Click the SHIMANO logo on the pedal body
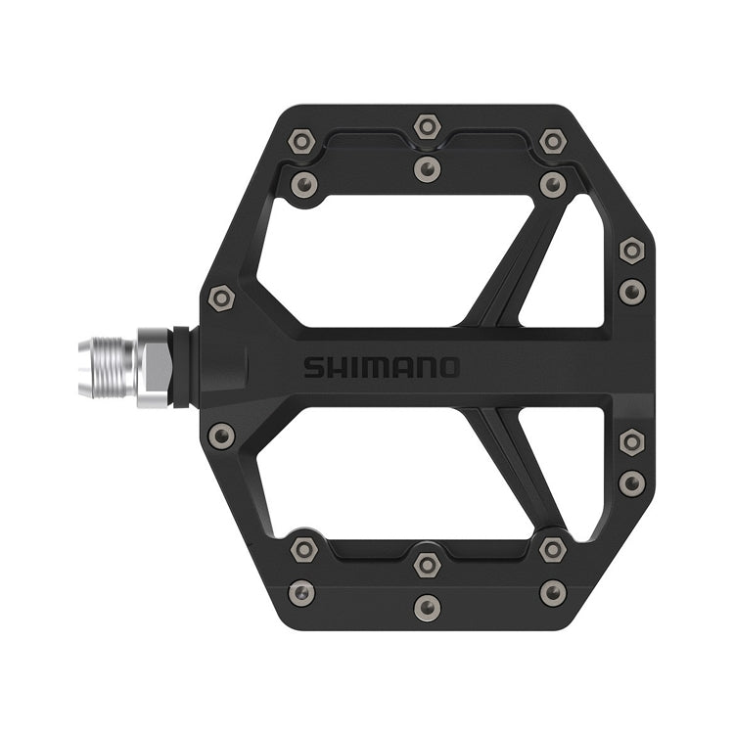380,368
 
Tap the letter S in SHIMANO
311,368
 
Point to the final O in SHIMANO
447,368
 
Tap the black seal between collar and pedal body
181,367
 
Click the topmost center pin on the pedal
427,126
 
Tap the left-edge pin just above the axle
222,297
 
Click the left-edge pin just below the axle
222,436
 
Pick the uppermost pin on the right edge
632,251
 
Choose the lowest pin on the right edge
632,482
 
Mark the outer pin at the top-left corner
301,143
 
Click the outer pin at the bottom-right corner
553,591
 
